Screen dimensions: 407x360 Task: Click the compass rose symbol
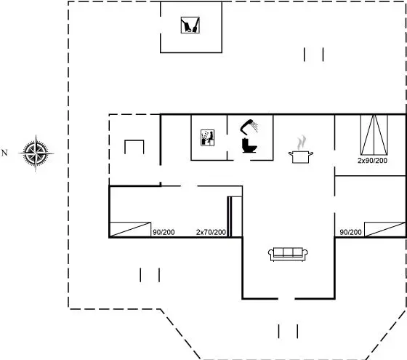[x=36, y=153]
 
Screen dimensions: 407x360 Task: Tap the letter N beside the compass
[x=4, y=153]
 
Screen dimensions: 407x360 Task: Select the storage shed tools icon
[x=190, y=25]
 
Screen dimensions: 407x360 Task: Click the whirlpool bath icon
[x=207, y=137]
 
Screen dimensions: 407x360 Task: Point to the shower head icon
[x=249, y=127]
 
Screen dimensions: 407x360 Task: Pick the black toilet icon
[x=249, y=145]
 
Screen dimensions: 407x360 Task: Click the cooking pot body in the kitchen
[x=301, y=157]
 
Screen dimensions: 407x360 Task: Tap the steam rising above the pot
[x=301, y=143]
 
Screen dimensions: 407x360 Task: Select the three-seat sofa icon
[x=288, y=255]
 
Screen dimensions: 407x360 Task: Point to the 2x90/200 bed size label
[x=372, y=161]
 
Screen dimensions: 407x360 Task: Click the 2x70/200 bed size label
[x=211, y=232]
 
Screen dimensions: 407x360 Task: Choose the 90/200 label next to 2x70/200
[x=164, y=232]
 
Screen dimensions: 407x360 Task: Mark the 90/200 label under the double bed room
[x=350, y=232]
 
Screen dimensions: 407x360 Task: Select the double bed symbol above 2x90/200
[x=374, y=135]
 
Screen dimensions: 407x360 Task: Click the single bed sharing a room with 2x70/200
[x=130, y=230]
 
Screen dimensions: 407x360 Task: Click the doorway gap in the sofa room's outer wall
[x=286, y=299]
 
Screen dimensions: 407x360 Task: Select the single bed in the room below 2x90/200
[x=384, y=229]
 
